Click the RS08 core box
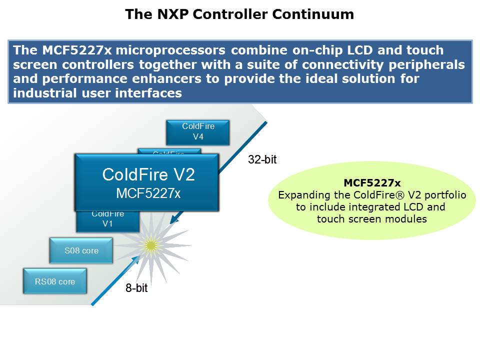coord(55,281)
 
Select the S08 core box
coord(81,250)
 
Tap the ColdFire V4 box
coord(198,131)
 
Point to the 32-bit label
coord(262,160)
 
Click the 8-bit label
coord(136,288)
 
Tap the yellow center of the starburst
coord(150,244)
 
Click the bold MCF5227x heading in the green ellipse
coord(372,183)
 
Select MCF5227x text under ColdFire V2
coord(148,193)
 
